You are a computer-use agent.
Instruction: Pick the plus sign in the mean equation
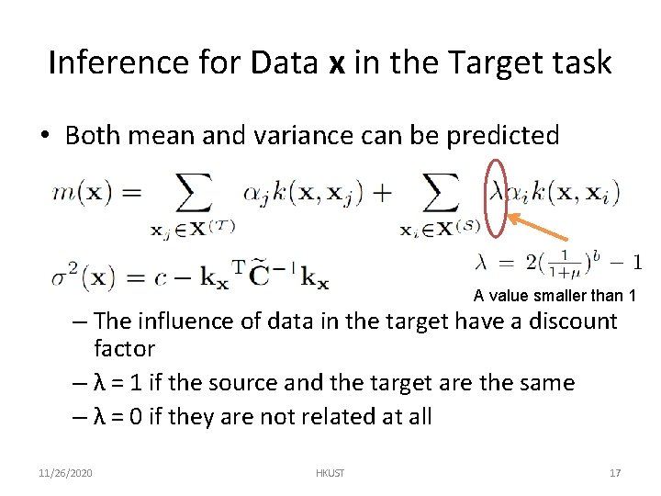pos(380,193)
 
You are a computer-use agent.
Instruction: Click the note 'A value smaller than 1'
pos(555,296)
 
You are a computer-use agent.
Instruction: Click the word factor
pos(124,349)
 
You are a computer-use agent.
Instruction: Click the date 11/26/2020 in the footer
pos(67,473)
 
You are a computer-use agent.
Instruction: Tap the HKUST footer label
pos(330,473)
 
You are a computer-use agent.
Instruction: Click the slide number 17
pos(614,473)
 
